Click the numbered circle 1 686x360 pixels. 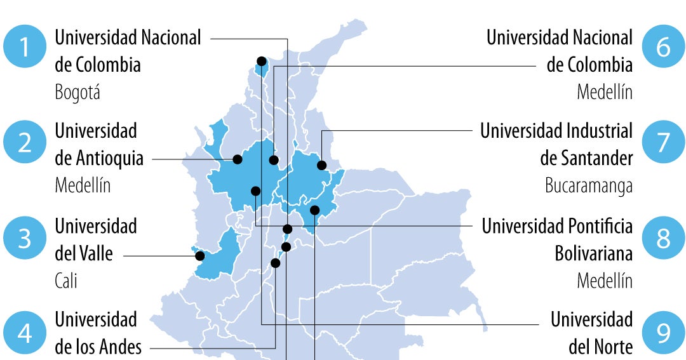(x=25, y=48)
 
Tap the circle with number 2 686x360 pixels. (x=25, y=142)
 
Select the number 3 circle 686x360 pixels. (x=25, y=239)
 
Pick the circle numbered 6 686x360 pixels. (x=663, y=48)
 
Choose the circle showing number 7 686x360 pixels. (x=663, y=142)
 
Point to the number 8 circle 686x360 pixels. (x=663, y=239)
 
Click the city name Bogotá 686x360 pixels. (x=77, y=93)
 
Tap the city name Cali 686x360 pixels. (x=66, y=280)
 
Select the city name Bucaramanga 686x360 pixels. (x=589, y=185)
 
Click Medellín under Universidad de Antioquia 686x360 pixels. (x=83, y=185)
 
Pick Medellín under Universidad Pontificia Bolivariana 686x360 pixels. (x=605, y=280)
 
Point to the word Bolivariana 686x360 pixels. (x=594, y=254)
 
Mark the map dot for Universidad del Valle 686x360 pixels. (x=199, y=256)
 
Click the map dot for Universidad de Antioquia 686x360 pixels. (x=238, y=159)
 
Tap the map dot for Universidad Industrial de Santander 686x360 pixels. (x=322, y=166)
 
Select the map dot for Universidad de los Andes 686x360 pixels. (x=276, y=263)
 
